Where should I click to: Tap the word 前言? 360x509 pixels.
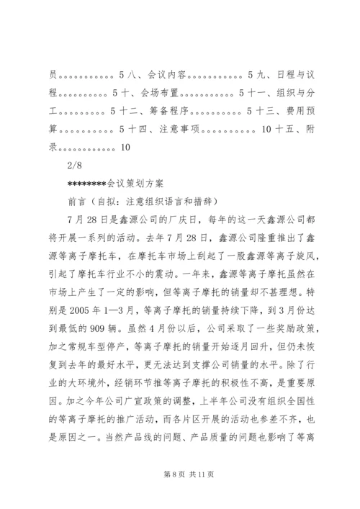[x=76, y=202]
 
